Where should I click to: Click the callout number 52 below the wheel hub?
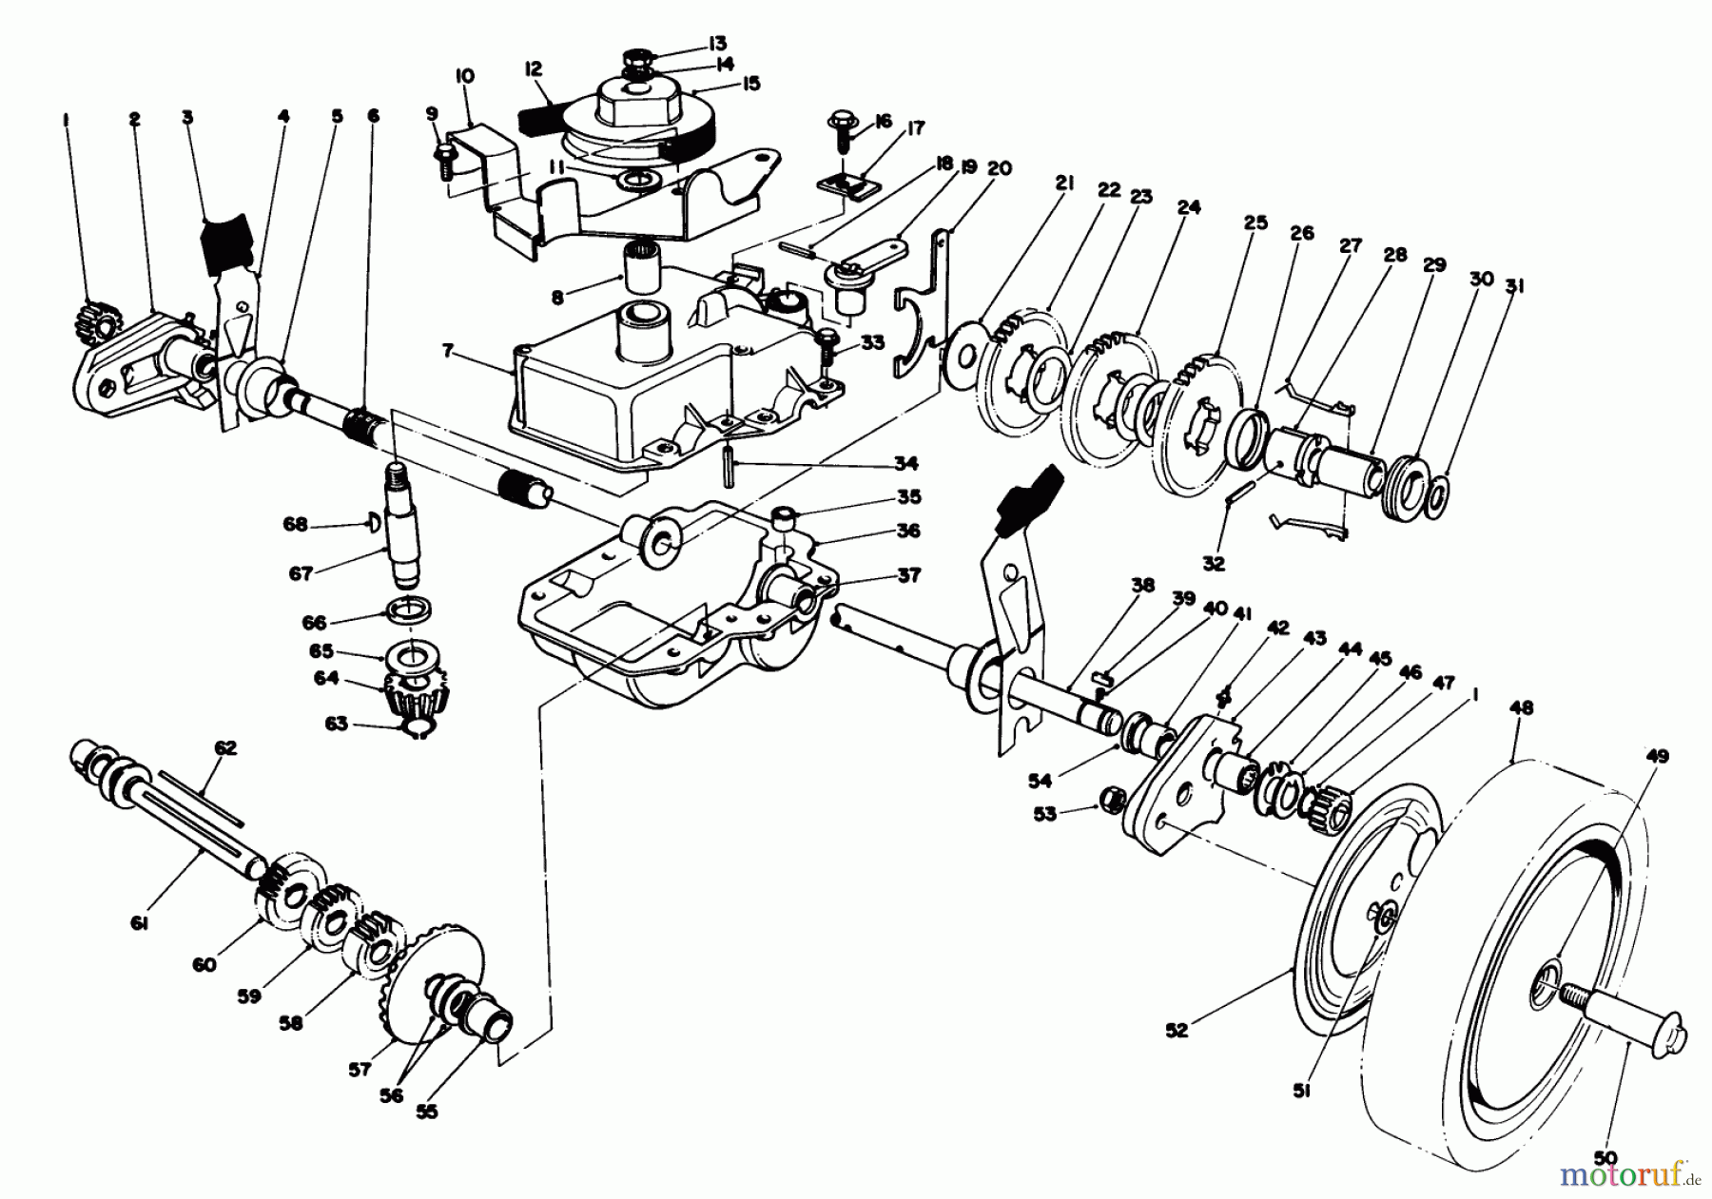[1177, 1030]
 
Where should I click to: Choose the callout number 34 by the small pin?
[905, 464]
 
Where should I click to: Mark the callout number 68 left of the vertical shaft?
[296, 524]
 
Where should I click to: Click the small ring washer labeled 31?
[1439, 493]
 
